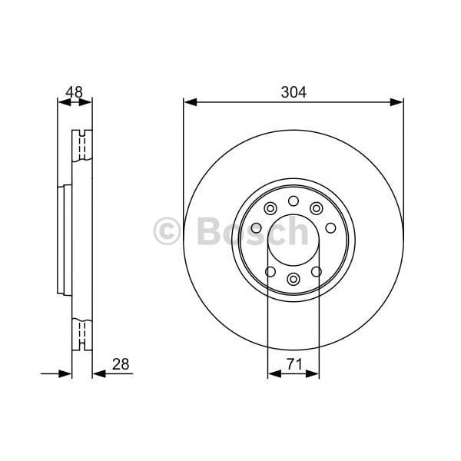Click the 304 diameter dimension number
point(294,92)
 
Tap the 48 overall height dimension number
point(74,91)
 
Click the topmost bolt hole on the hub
point(294,201)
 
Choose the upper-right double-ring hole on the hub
point(316,208)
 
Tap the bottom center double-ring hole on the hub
point(294,279)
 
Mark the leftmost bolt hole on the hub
point(256,227)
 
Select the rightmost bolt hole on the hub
point(330,227)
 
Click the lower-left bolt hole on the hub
point(270,271)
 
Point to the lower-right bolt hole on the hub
point(317,271)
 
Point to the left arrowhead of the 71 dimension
point(273,374)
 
